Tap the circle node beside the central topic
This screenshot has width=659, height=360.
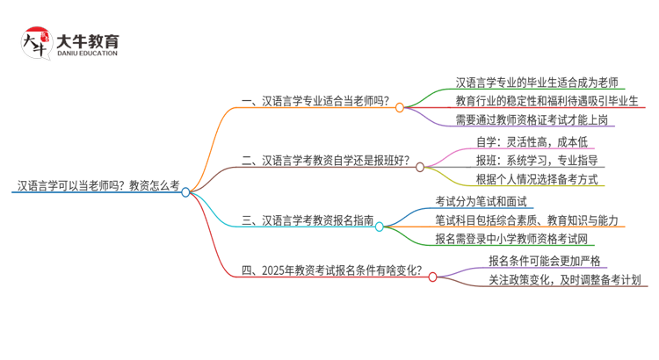pos(186,192)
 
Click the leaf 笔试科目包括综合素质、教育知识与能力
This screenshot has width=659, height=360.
pos(528,220)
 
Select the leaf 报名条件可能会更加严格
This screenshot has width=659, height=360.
pos(545,260)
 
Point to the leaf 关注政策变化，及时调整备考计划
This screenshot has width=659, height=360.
pos(565,280)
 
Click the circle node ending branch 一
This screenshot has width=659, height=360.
pos(399,107)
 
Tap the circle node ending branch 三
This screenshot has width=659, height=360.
pos(379,227)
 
